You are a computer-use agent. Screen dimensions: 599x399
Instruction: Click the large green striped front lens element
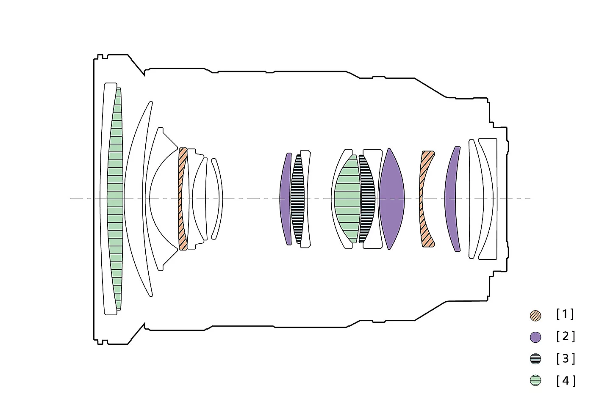(x=115, y=199)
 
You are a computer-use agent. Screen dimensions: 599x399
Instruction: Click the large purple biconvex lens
(x=392, y=199)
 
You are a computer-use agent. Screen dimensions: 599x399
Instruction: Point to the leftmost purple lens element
(x=285, y=199)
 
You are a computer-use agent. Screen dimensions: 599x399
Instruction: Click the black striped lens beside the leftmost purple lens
(x=297, y=199)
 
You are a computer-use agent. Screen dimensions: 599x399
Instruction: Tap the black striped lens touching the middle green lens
(x=367, y=199)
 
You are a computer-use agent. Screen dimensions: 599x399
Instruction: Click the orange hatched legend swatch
(x=535, y=315)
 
